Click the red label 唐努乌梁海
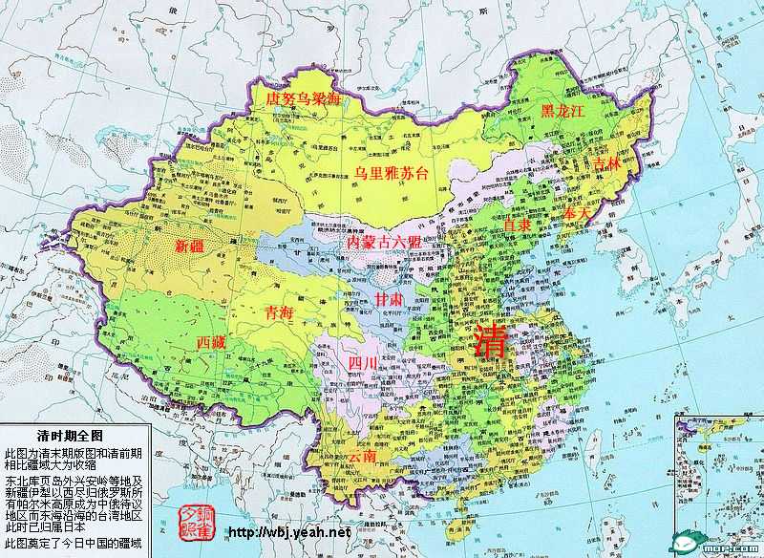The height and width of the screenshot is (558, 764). (x=301, y=98)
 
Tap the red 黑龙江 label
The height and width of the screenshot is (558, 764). (x=562, y=111)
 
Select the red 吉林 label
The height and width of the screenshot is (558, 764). (x=606, y=165)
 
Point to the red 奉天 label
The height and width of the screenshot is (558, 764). (x=578, y=213)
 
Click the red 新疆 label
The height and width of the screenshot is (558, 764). (x=190, y=247)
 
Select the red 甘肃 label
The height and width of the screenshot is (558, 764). (x=389, y=300)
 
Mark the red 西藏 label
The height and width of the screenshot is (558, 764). (x=211, y=341)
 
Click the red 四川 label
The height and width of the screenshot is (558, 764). (x=363, y=363)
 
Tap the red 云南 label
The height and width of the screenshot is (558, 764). (x=362, y=457)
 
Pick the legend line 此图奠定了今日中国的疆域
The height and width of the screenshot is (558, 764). (x=73, y=544)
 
